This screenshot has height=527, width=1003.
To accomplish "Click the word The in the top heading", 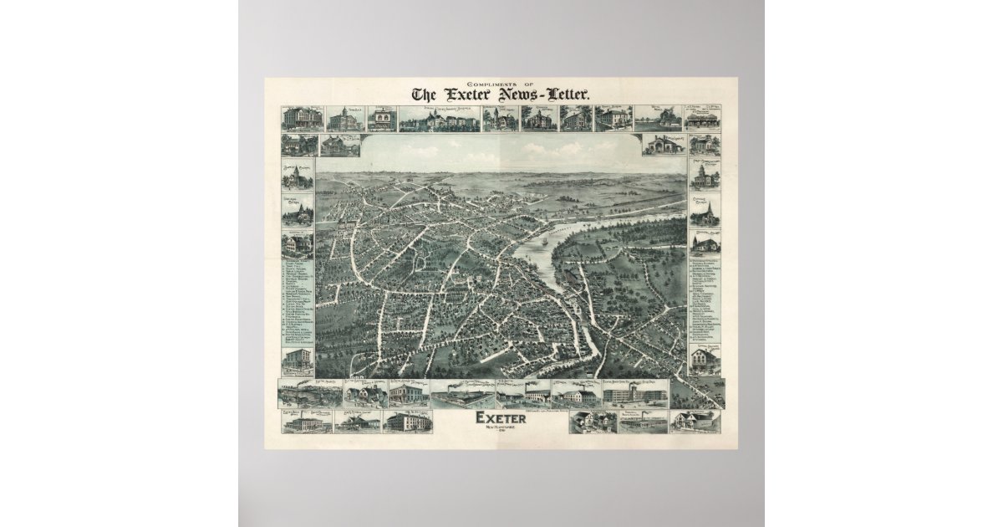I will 425,95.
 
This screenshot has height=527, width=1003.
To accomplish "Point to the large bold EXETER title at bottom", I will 501,417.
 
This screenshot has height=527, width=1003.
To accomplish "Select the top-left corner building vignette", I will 302,118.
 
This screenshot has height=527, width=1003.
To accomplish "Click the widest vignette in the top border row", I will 439,119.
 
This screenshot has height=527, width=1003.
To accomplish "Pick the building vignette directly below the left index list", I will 298,361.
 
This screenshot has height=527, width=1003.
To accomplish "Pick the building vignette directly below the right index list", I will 705,360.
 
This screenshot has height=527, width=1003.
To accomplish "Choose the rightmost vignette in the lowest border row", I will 695,420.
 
